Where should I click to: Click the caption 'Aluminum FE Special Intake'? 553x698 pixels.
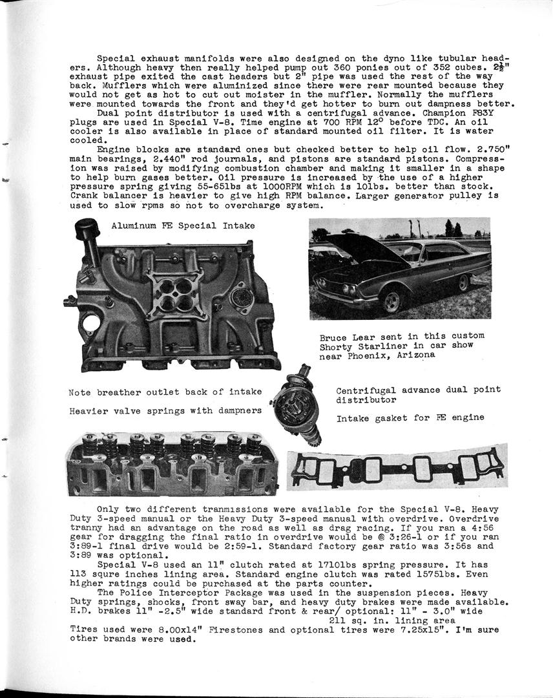click(183, 226)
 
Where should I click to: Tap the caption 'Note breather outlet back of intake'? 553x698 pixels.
click(165, 392)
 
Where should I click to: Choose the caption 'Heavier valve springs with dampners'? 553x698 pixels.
click(165, 410)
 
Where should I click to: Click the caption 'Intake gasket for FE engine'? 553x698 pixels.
click(410, 418)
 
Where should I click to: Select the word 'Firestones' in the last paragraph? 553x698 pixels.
click(263, 631)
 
